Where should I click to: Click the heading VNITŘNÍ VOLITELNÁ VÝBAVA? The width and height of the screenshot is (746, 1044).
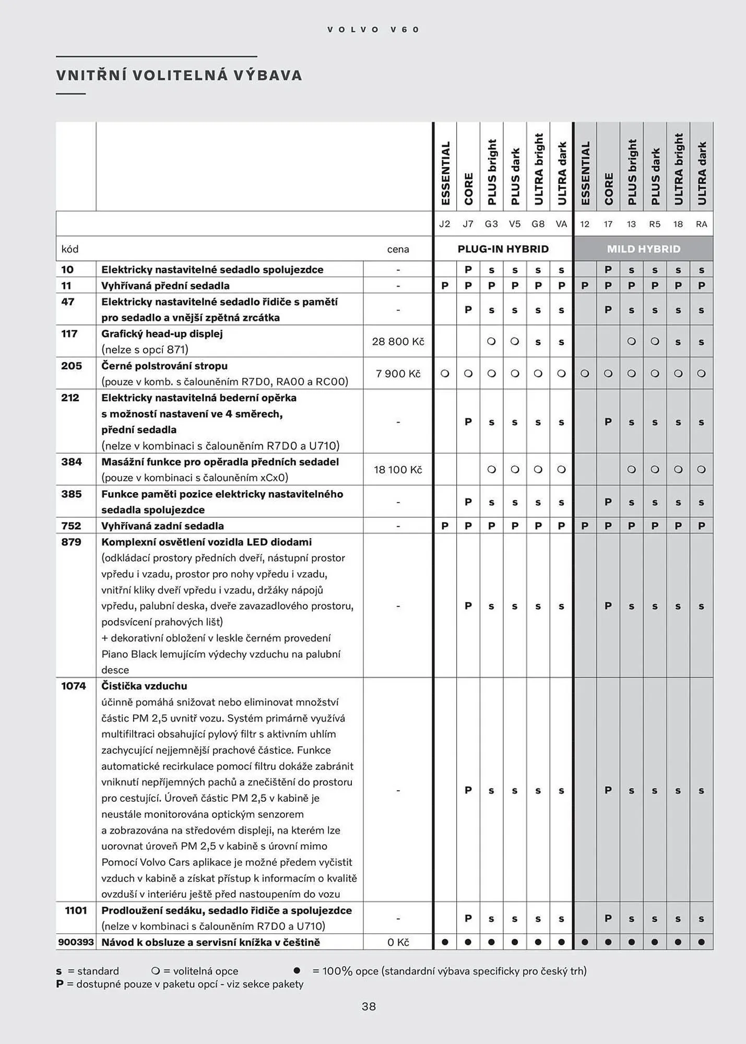179,75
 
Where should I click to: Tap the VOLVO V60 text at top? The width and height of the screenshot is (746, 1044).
373,30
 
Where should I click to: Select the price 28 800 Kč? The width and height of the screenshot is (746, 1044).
398,341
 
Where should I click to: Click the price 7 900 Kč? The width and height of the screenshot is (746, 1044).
398,374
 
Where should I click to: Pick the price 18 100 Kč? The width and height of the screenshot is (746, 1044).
398,470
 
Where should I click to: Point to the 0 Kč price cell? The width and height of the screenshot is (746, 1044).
398,942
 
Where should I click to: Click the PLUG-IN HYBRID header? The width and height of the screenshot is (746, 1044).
503,249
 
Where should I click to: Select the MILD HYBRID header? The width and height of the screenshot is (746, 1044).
643,249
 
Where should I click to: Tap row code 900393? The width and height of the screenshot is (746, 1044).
76,942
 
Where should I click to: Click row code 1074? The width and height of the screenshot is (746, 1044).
74,686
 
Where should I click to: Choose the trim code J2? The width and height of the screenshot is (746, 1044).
444,224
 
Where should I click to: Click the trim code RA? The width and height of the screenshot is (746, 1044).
701,224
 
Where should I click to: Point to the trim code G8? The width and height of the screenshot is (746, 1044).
538,224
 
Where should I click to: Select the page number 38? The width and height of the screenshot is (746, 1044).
369,1006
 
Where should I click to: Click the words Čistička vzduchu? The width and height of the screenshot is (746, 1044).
144,686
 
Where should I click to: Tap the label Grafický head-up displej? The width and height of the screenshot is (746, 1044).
162,334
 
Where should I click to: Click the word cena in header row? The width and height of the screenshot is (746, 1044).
398,250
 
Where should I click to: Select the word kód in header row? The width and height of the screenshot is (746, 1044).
70,250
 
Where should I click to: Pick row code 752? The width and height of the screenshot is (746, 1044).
71,526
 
